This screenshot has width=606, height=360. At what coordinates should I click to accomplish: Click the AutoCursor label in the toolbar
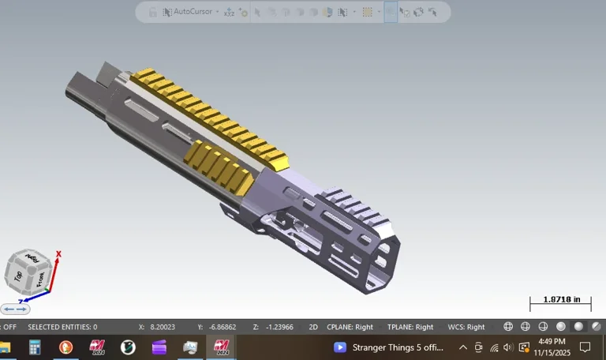point(193,12)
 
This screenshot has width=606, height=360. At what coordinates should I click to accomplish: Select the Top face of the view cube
point(18,276)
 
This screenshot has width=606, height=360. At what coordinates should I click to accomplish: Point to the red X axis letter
point(59,254)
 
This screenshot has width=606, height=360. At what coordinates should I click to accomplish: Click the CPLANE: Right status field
point(350,327)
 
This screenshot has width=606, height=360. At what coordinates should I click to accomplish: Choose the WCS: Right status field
point(466,327)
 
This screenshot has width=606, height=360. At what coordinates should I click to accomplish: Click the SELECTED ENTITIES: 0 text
point(62,327)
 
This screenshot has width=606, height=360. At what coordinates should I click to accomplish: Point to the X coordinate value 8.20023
point(163,327)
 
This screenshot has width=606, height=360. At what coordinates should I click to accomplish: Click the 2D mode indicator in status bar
point(312,327)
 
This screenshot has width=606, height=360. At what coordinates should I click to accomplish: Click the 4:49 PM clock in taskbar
point(552,342)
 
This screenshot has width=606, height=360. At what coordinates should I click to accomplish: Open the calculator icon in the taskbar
point(35,347)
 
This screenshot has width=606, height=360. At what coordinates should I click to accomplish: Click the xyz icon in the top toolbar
point(229,12)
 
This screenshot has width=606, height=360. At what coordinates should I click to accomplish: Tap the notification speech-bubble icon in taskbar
point(585,347)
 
